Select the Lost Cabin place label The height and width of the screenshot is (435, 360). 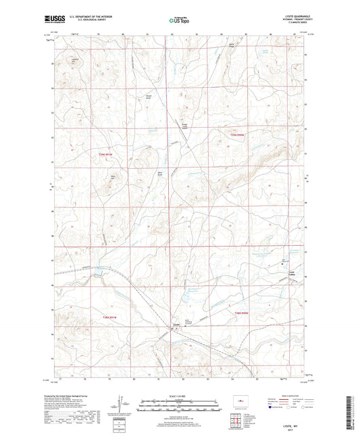coord(292,272)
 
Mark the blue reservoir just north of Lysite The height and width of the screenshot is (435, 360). coord(181,300)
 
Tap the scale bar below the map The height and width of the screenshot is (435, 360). coord(179,407)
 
